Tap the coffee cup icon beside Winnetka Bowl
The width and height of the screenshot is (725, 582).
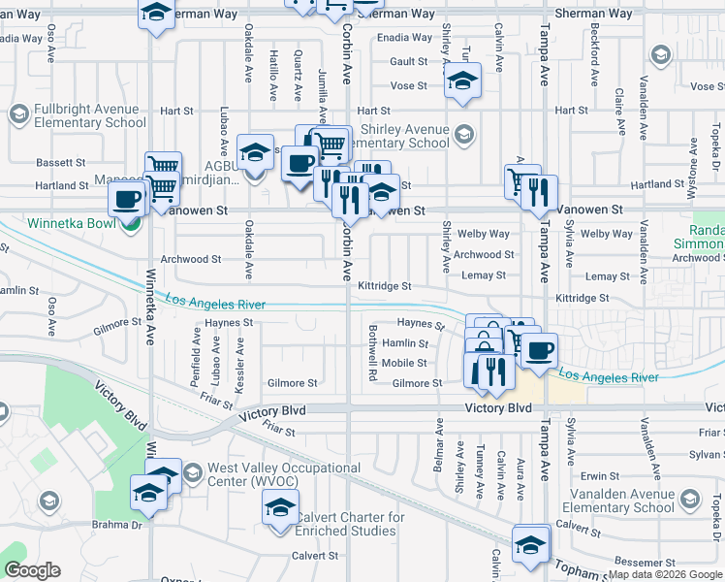(x=126, y=201)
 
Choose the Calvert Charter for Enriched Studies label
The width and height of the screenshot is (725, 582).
(x=350, y=524)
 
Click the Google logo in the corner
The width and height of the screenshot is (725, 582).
(x=32, y=570)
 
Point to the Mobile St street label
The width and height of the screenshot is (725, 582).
(x=404, y=364)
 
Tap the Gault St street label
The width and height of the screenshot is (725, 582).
(x=402, y=61)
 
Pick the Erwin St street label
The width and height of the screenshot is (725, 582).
(x=600, y=476)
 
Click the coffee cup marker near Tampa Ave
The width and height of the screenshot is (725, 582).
(x=539, y=348)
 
